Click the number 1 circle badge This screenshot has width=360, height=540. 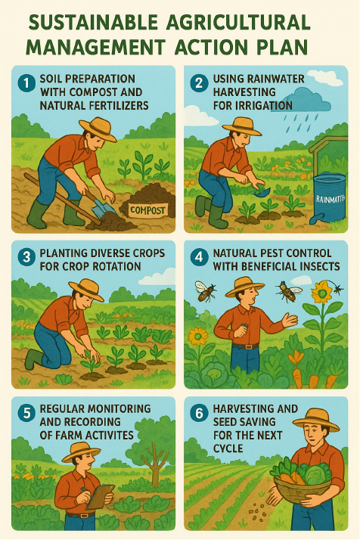(26, 83)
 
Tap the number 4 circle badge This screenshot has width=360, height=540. (199, 257)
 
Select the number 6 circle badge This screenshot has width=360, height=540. (199, 413)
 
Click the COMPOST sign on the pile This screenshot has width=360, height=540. (147, 210)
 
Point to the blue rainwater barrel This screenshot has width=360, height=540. (329, 198)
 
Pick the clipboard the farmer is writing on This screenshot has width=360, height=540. (101, 497)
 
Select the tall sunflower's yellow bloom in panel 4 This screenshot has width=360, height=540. (321, 293)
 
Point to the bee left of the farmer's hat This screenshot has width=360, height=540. (205, 291)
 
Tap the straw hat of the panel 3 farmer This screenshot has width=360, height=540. (87, 289)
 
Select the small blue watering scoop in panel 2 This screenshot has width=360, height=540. (262, 191)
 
